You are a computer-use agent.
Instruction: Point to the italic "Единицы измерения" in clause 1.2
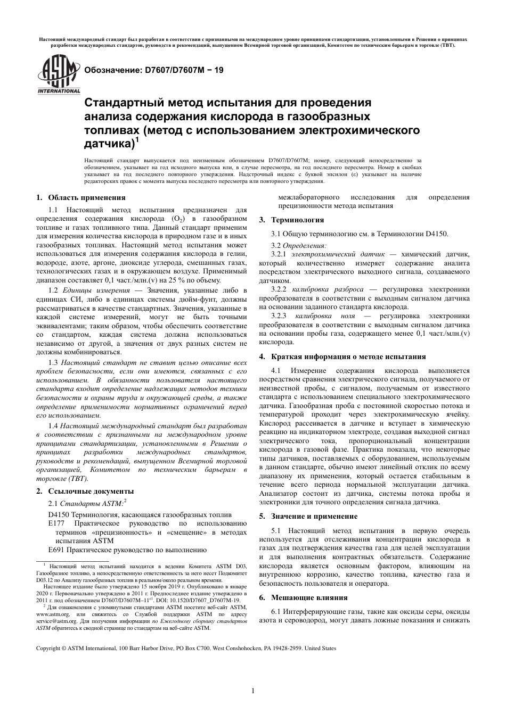click(x=96, y=290)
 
